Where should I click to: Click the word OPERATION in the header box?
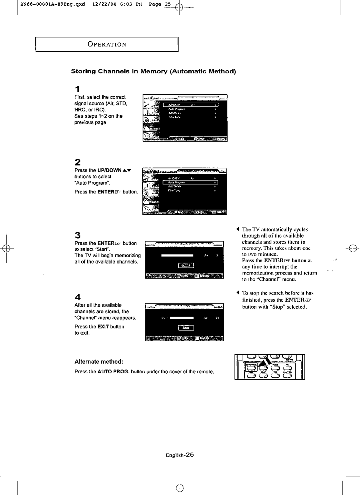click(107, 44)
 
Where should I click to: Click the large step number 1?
click(77, 89)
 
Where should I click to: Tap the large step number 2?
click(77, 162)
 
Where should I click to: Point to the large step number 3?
click(77, 235)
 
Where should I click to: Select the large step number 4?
click(77, 297)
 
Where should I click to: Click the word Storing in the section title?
click(83, 71)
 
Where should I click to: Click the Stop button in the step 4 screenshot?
click(186, 328)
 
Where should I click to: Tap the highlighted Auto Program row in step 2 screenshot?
click(190, 182)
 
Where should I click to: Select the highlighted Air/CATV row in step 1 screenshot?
click(190, 105)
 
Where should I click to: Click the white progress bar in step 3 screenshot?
click(177, 255)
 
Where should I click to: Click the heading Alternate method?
click(99, 362)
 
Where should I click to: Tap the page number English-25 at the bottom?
click(180, 455)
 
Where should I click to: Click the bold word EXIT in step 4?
click(103, 327)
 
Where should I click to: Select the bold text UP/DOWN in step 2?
click(109, 170)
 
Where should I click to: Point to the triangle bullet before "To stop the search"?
click(238, 293)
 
